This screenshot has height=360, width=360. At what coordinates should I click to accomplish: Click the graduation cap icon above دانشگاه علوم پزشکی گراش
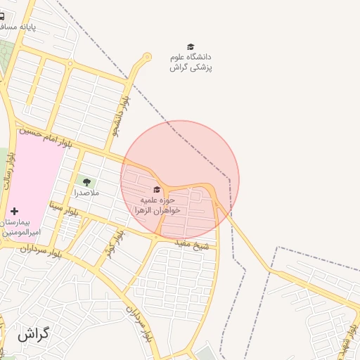tap(191, 46)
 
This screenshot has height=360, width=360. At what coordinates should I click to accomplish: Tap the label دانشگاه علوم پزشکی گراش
tap(191, 62)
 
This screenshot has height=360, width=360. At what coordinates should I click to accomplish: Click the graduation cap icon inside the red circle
tap(157, 189)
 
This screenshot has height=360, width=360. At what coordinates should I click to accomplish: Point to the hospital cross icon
tap(15, 211)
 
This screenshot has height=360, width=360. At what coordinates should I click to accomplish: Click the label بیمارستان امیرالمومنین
tap(22, 226)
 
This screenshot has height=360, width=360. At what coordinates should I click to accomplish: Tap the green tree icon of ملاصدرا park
tap(86, 182)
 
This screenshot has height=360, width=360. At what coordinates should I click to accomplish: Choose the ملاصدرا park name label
tap(86, 193)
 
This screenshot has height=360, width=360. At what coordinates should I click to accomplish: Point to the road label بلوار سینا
tap(64, 209)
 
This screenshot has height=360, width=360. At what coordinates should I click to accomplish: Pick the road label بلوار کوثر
tap(115, 243)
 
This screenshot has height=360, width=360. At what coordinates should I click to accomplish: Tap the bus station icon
tap(2, 15)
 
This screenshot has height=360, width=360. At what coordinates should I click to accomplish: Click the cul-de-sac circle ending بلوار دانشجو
tap(147, 57)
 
